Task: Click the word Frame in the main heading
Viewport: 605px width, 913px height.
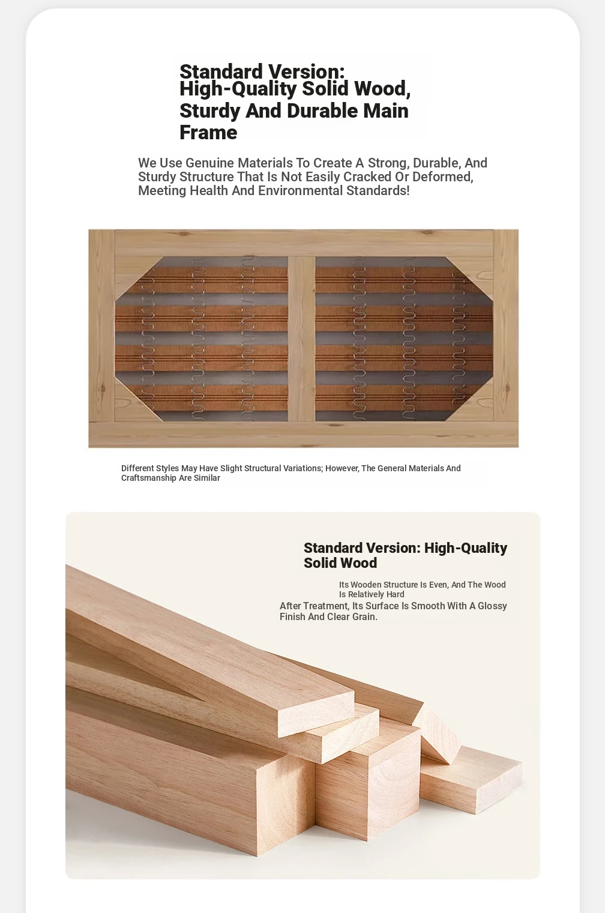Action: [x=208, y=133]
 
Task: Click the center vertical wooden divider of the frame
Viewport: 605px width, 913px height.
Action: [x=301, y=339]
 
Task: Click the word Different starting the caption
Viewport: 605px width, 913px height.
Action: [x=137, y=468]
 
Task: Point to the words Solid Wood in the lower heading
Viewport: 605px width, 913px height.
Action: [x=340, y=563]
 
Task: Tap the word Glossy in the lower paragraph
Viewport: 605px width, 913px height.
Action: [x=492, y=606]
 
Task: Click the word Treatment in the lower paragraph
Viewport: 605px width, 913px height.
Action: [x=325, y=606]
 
